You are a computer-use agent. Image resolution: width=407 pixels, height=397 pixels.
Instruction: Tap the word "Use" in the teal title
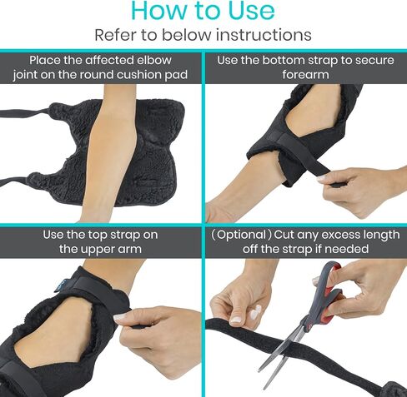251,10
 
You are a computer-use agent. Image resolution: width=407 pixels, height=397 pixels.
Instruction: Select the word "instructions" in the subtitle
264,35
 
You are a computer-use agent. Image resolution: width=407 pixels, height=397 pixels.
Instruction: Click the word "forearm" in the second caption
305,75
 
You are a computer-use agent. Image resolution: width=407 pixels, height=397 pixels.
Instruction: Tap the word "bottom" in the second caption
282,60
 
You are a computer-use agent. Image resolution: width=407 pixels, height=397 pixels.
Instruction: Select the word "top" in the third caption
98,235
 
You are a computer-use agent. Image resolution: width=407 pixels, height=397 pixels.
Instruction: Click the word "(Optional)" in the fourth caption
241,235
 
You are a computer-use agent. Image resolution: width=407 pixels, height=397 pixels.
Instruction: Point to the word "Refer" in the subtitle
115,35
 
